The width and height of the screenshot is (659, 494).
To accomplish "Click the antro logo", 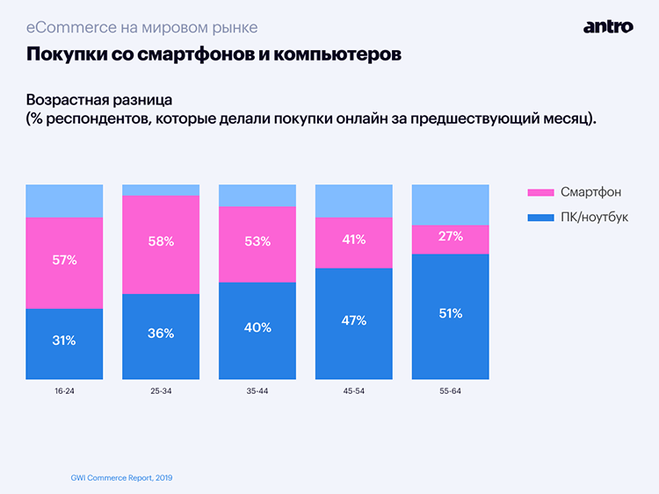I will [x=607, y=26].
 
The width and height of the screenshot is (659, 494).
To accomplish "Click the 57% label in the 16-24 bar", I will [x=64, y=260].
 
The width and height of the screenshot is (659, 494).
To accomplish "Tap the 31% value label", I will [x=64, y=340].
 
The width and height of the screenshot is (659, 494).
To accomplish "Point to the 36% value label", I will [x=161, y=333].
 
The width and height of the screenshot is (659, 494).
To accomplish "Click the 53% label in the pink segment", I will [x=257, y=241].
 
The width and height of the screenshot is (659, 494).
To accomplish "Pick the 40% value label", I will [x=257, y=327].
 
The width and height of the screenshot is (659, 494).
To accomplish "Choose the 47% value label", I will [x=354, y=320].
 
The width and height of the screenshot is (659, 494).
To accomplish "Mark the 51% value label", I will [x=451, y=313].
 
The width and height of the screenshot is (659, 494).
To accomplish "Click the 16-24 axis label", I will [x=64, y=390].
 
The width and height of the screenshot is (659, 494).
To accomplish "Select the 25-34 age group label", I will [x=161, y=390].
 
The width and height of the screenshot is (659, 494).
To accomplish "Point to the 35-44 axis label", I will [x=257, y=390].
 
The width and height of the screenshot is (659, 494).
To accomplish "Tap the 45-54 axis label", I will [x=354, y=390].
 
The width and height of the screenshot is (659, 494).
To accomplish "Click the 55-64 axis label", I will [x=451, y=390].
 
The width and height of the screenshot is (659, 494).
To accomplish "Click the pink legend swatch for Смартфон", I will [x=539, y=192].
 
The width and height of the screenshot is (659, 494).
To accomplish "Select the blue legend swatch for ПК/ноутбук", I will [x=539, y=216].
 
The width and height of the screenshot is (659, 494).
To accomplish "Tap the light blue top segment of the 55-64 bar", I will [x=451, y=204].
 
